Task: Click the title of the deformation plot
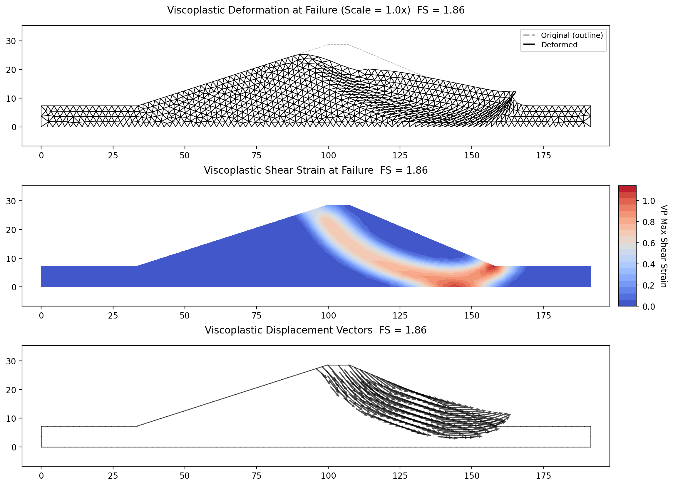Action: click(x=316, y=10)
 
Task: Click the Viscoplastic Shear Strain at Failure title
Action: click(x=316, y=170)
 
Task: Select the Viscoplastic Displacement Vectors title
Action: click(x=316, y=330)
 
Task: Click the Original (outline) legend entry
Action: click(x=572, y=35)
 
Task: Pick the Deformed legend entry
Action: click(x=559, y=45)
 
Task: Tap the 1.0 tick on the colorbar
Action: click(x=649, y=201)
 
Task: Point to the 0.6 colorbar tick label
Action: click(x=649, y=243)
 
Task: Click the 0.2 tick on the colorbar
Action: click(x=649, y=285)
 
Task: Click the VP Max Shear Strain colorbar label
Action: click(x=664, y=246)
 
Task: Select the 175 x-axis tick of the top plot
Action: click(x=543, y=156)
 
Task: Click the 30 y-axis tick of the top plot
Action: click(x=11, y=41)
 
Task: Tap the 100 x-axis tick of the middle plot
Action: click(x=328, y=316)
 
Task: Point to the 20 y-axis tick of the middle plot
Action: click(x=11, y=230)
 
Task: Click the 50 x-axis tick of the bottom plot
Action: click(x=185, y=476)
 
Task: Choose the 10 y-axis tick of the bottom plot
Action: click(x=11, y=418)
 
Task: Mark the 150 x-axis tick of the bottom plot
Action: click(x=471, y=476)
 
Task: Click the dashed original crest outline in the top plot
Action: click(x=338, y=45)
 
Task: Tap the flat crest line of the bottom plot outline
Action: click(x=338, y=365)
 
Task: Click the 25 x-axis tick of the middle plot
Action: click(x=113, y=316)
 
